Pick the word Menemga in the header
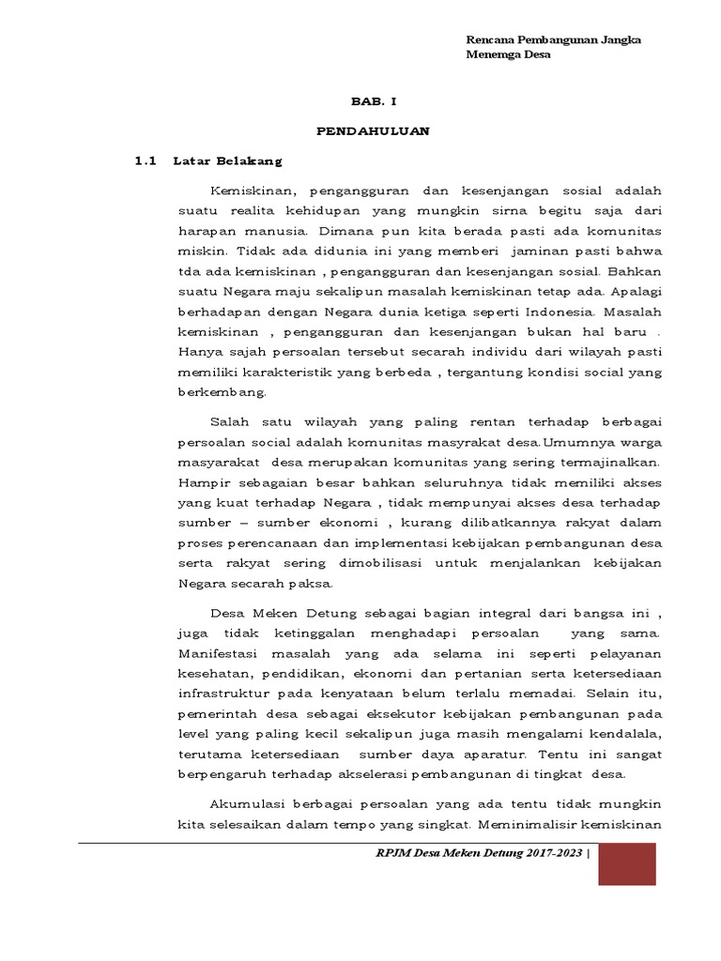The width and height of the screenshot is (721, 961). coord(494,54)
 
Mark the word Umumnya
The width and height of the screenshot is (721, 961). coord(576,442)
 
